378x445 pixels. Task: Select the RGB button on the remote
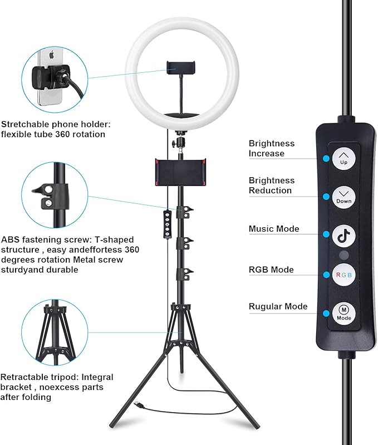(343, 275)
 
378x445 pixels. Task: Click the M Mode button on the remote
(343, 313)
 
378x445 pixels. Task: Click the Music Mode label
(273, 229)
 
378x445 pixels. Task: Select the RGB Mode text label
(271, 270)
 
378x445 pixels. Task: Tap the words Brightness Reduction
(271, 186)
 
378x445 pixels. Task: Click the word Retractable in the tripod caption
(22, 377)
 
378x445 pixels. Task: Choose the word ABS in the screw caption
(9, 240)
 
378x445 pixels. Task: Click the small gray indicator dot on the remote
(343, 256)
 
